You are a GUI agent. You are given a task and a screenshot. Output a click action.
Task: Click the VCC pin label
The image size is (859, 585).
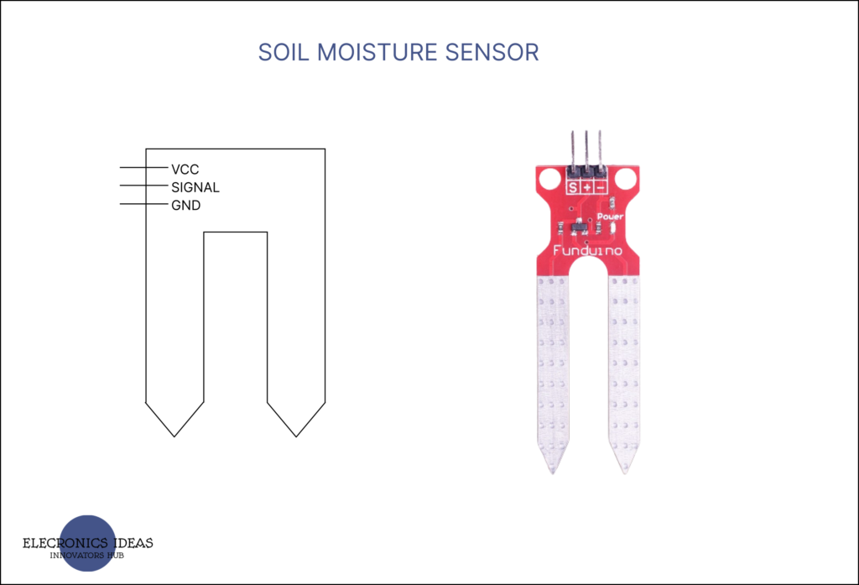[185, 170]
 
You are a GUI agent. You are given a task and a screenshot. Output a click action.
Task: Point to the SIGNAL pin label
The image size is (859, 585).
[195, 187]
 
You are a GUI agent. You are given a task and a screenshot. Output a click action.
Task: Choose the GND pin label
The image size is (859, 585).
[185, 206]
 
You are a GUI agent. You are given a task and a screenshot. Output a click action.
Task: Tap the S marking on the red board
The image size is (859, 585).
[573, 187]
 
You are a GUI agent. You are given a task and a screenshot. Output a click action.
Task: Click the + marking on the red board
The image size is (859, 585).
[586, 187]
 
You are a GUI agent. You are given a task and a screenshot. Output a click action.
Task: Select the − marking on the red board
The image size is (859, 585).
[600, 187]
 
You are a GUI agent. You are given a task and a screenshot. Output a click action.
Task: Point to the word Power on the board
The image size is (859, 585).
[610, 216]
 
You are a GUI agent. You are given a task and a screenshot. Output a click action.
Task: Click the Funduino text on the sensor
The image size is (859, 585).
[587, 249]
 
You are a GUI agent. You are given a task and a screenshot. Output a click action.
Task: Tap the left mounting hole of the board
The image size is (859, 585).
[549, 178]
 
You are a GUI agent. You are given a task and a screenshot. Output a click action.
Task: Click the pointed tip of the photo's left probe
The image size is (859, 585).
[552, 470]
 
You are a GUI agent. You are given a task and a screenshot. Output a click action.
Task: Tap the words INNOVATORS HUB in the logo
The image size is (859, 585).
[87, 556]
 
